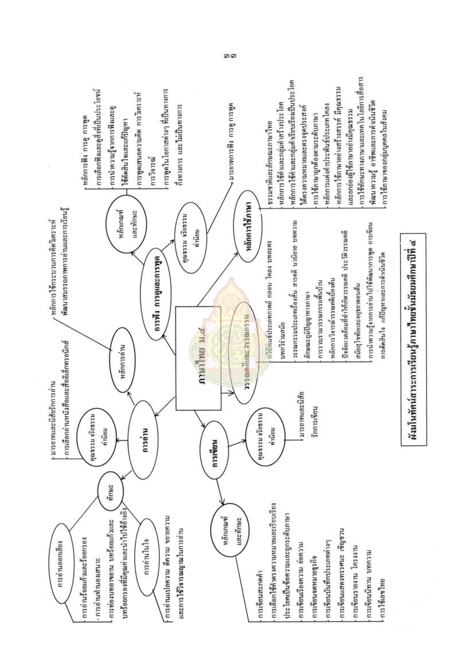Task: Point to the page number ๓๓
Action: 230,55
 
